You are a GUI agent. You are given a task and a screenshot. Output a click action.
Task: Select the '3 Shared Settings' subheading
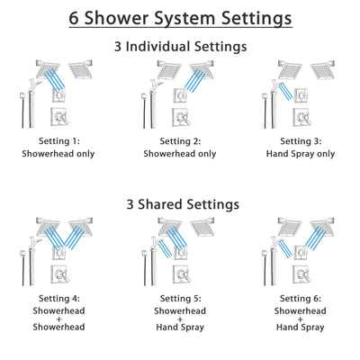(180, 204)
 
